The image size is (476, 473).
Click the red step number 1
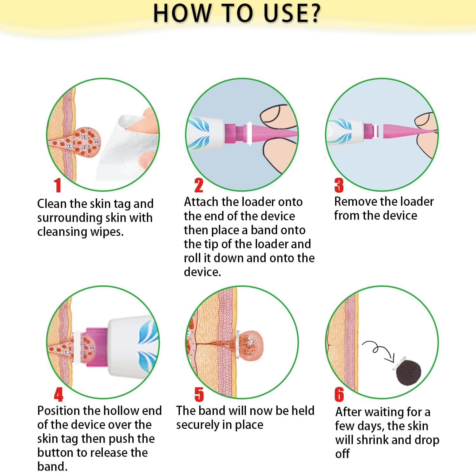pos(57,185)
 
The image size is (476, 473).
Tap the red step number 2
pos(199,185)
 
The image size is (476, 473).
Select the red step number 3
pos(339,185)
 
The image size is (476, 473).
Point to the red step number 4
pos(58,395)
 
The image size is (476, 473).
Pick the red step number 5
pos(199,395)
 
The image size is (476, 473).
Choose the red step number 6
pos(339,395)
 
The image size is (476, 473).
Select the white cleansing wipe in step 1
pos(127,149)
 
